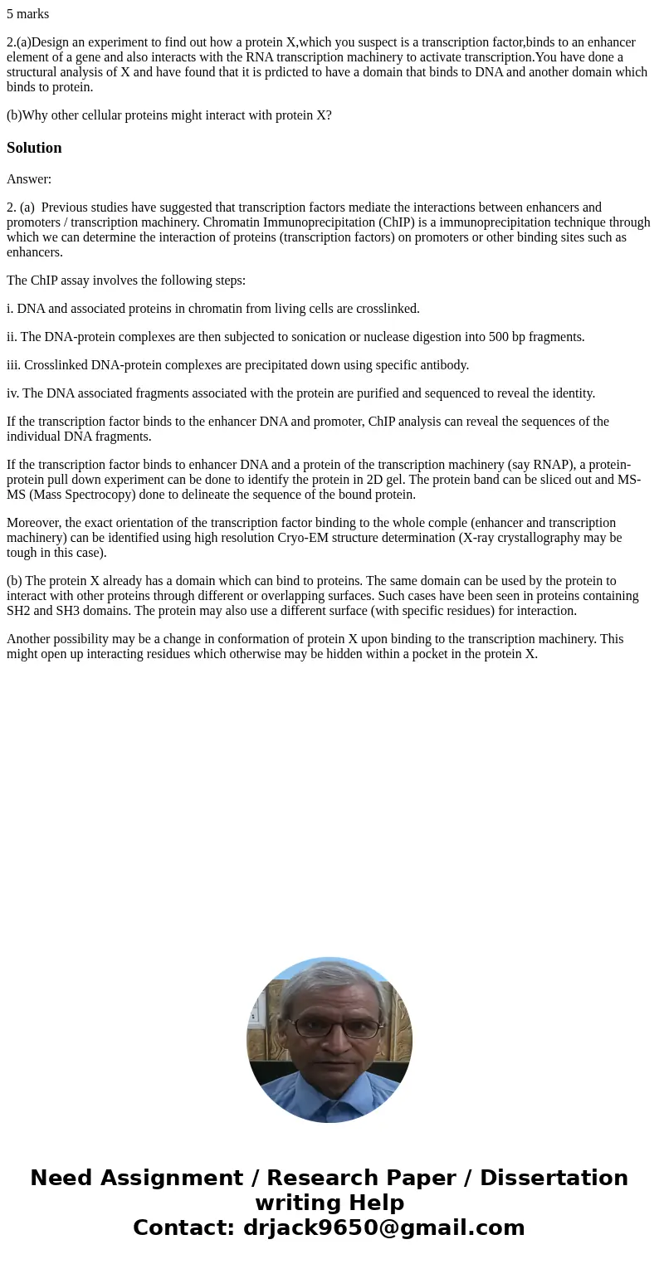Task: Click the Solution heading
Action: (34, 148)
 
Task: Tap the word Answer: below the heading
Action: (29, 179)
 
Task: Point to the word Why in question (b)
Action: (36, 115)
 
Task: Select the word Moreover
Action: (34, 523)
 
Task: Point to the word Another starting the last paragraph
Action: (30, 639)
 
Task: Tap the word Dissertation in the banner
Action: (554, 1179)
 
